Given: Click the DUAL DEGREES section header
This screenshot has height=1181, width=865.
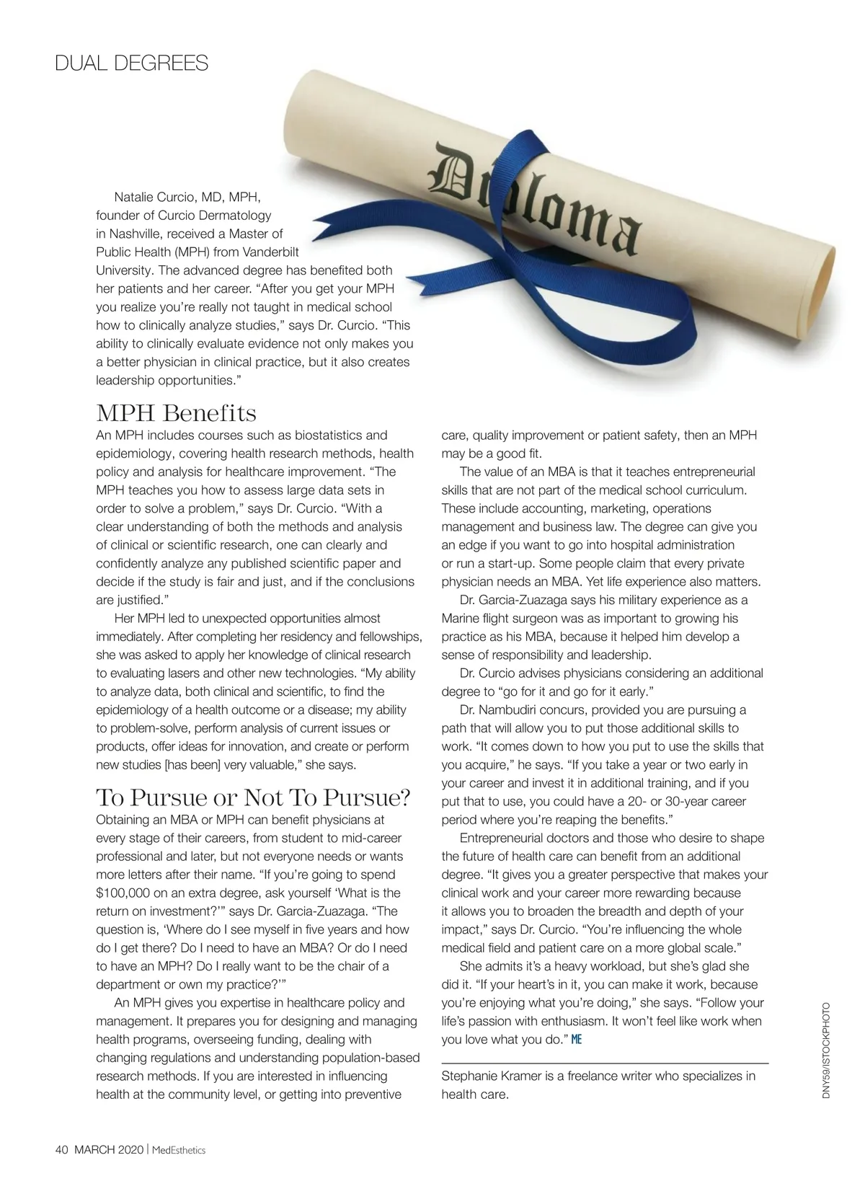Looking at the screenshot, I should (x=131, y=63).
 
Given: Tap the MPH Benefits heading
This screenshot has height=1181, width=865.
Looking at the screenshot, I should (x=176, y=414).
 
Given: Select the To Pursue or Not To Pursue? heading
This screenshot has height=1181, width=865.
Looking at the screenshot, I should (x=253, y=798).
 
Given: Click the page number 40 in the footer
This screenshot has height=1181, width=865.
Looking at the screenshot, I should (x=61, y=1150).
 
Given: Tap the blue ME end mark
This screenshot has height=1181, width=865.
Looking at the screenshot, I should (x=577, y=1040).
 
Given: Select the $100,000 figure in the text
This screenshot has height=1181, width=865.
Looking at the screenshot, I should (x=126, y=893).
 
